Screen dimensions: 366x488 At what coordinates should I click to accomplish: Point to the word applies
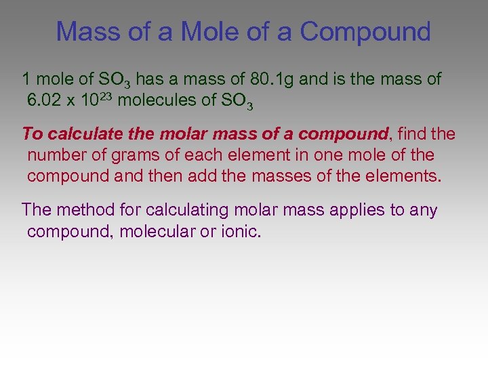coord(355,210)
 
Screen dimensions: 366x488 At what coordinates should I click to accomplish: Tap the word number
coord(56,155)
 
